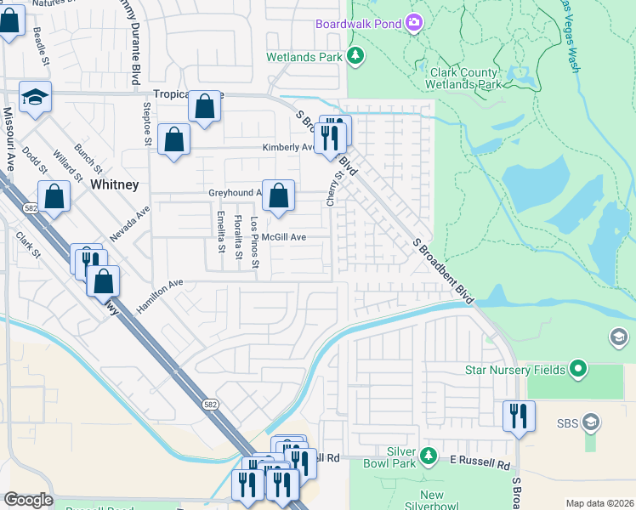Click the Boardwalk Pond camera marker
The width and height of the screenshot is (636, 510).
[x=414, y=23]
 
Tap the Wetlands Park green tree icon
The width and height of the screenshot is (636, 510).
[x=355, y=57]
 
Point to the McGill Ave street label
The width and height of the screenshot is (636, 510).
[x=283, y=237]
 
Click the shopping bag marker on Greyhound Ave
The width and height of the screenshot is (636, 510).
[x=278, y=196]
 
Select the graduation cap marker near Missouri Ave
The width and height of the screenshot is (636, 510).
[x=35, y=98]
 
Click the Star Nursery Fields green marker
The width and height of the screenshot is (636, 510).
[x=579, y=369]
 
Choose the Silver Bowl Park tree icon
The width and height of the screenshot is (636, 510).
[x=430, y=456]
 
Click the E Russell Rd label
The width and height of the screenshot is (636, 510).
[x=480, y=466]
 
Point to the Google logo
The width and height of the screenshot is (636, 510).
[x=28, y=500]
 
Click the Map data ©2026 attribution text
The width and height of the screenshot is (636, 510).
[x=599, y=503]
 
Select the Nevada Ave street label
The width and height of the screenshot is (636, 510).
[x=129, y=222]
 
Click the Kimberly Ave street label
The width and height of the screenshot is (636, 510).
[x=287, y=147]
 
